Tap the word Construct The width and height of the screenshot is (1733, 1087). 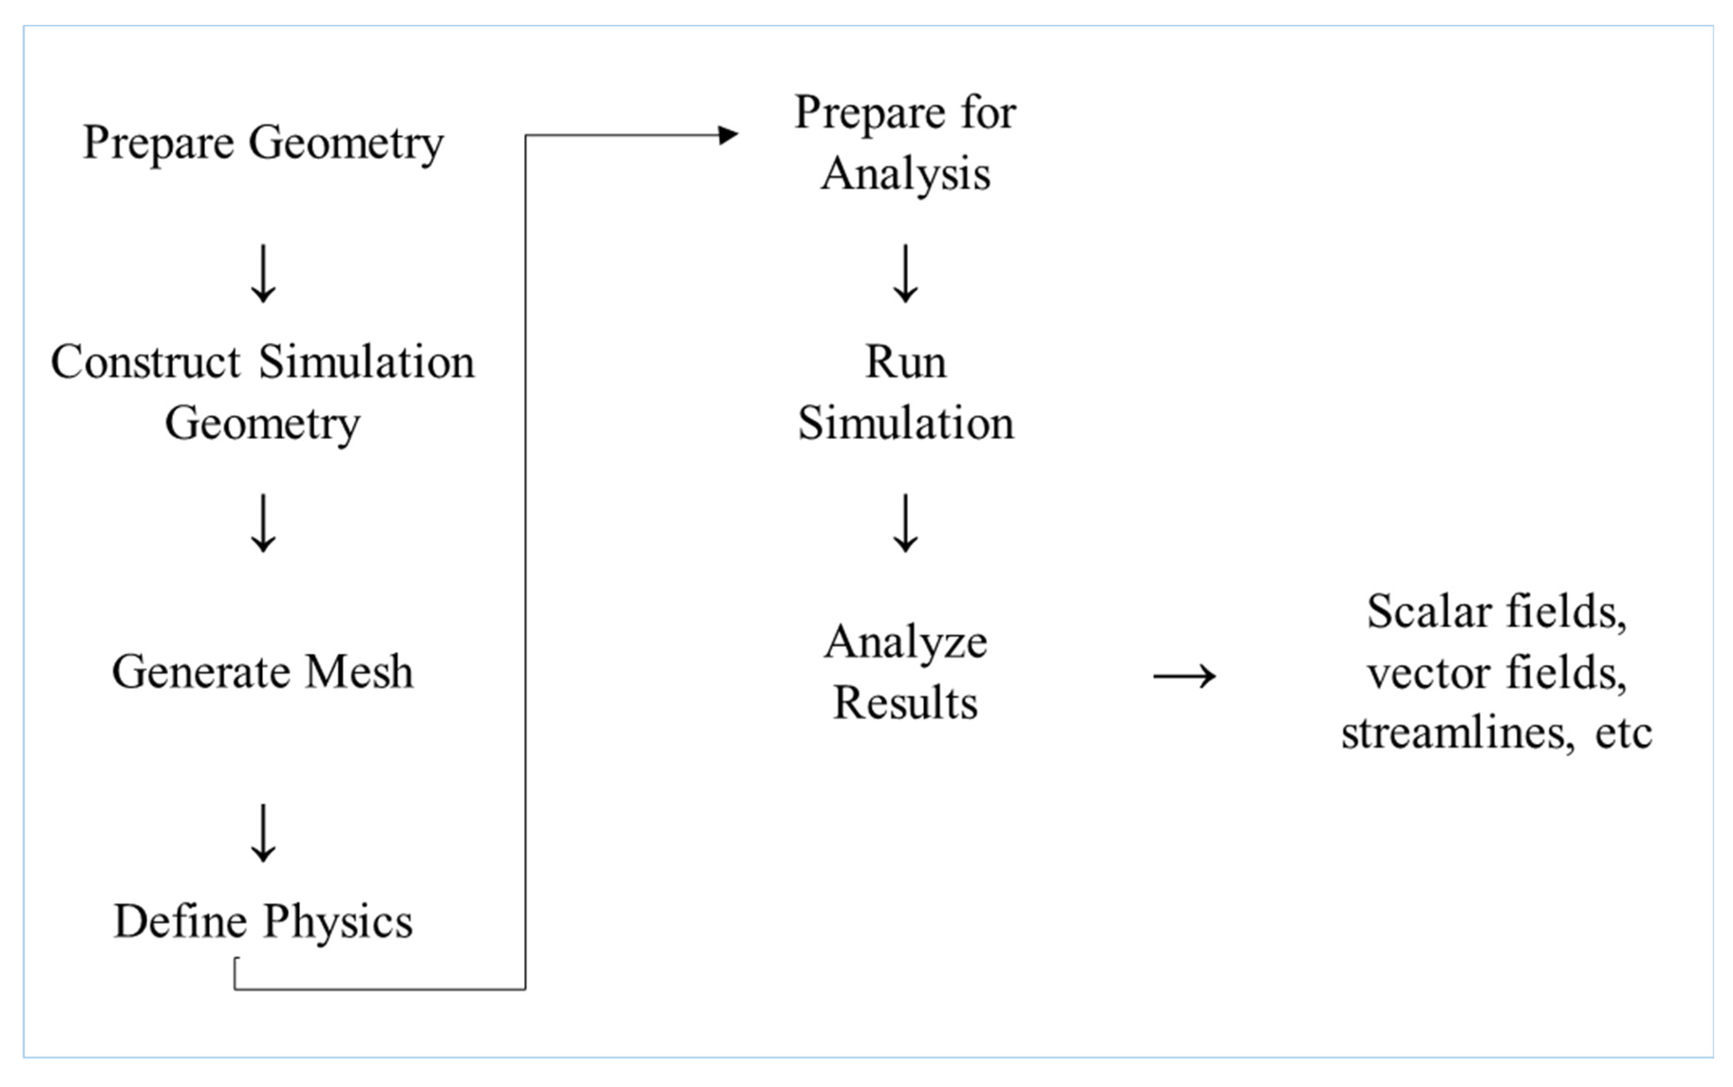(x=146, y=362)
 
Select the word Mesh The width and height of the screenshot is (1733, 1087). (x=359, y=672)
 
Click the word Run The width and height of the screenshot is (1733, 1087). (x=905, y=362)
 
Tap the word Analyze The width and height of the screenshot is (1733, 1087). (x=905, y=642)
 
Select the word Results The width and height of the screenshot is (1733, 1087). (x=905, y=703)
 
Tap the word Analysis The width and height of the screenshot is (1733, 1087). (x=905, y=175)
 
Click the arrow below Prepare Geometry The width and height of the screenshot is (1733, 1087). (x=263, y=273)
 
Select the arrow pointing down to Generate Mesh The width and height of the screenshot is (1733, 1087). (x=263, y=523)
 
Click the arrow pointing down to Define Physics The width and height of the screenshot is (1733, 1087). (x=263, y=833)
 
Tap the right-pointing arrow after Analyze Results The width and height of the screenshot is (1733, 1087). (x=1184, y=676)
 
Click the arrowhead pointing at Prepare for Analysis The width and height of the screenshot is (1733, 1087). (x=728, y=134)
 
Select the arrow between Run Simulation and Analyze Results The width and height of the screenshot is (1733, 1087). (x=905, y=523)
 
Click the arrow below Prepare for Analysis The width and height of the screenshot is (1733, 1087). (x=905, y=273)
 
